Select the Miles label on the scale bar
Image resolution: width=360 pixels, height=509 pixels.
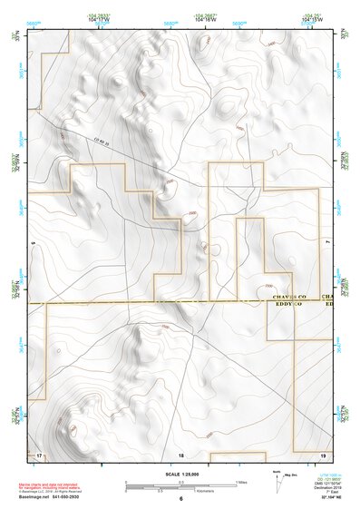pyautogui.click(x=242, y=482)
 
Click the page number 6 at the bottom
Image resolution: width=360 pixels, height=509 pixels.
pyautogui.click(x=180, y=499)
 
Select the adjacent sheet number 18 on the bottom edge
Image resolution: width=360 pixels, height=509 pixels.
pyautogui.click(x=180, y=454)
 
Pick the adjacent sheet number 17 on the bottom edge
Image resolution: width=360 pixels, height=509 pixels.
pyautogui.click(x=38, y=454)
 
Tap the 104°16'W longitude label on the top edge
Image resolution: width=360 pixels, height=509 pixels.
pyautogui.click(x=205, y=18)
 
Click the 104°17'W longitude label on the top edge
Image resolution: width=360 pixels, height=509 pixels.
pyautogui.click(x=101, y=18)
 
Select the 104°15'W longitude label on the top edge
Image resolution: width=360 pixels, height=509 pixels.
pyautogui.click(x=310, y=18)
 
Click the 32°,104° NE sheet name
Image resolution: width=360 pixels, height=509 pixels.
pyautogui.click(x=321, y=498)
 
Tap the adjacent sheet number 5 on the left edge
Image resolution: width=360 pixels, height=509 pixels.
pyautogui.click(x=31, y=243)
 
